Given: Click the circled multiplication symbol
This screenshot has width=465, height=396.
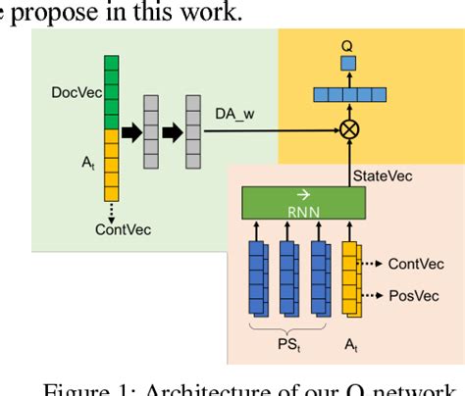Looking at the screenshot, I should [x=346, y=128].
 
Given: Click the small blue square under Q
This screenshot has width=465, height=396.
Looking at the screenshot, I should [x=346, y=64].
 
